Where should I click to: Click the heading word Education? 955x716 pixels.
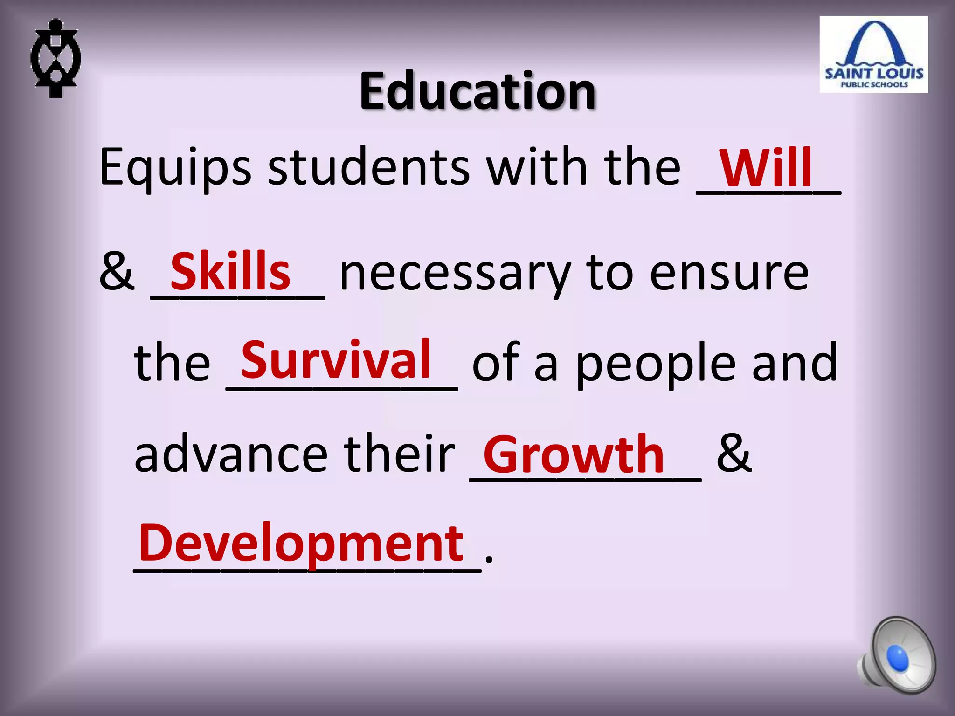pos(477,91)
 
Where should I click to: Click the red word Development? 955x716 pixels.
pos(301,543)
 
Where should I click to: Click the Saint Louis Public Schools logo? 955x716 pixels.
pos(873,55)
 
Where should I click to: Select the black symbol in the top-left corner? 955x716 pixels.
pos(55,58)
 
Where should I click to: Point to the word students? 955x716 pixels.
pos(369,167)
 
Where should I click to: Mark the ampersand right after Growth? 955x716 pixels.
pos(734,453)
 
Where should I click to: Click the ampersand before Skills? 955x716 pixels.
pos(117,272)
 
